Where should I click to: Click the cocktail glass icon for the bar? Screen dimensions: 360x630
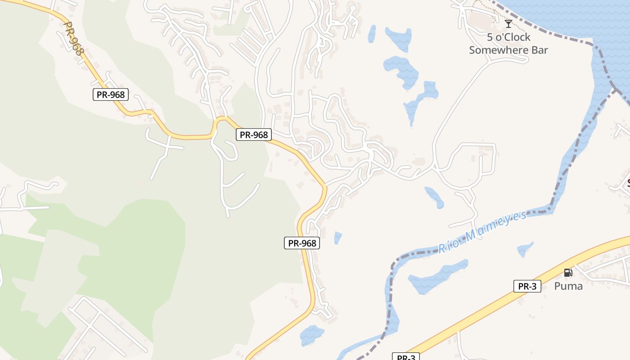508,23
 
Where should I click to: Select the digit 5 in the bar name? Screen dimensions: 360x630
490,37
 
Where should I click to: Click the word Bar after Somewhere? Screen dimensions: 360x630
540,50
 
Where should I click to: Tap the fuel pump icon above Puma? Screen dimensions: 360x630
568,272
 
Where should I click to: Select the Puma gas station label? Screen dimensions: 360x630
568,286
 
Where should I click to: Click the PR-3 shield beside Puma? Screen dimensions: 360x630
527,286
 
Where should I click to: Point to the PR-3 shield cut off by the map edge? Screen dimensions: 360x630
406,357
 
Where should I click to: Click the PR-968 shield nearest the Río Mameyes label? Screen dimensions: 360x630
302,243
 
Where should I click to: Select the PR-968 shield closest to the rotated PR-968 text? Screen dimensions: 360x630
111,94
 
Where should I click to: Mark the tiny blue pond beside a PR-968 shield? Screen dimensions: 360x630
338,237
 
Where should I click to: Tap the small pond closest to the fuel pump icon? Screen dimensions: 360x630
525,249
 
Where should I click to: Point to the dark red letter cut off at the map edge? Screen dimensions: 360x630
628,183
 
